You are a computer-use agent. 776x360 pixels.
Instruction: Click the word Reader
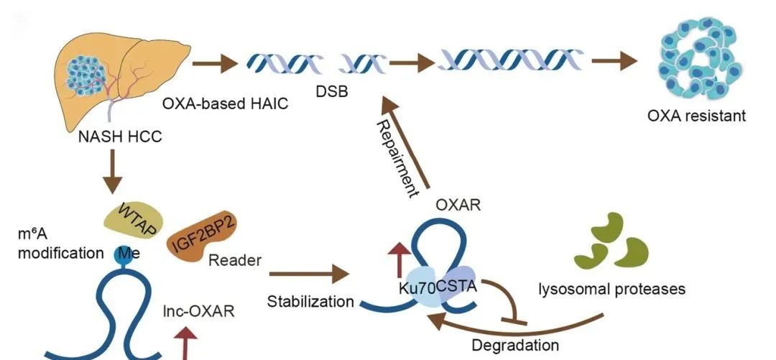tap(235, 260)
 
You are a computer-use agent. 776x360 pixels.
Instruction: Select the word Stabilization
tap(310, 301)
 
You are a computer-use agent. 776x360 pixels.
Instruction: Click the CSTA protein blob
tap(457, 288)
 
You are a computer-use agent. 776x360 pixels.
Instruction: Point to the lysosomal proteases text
tap(612, 290)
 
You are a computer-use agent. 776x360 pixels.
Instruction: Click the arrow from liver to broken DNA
tap(216, 64)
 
